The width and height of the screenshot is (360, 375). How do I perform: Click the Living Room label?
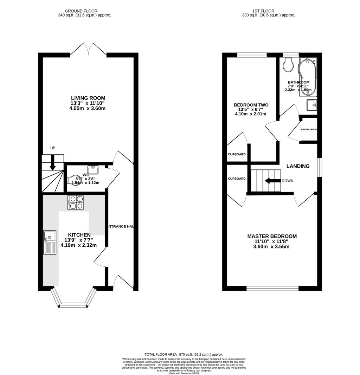pyautogui.click(x=88, y=98)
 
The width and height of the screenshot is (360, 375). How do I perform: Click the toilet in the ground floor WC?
pyautogui.click(x=73, y=180)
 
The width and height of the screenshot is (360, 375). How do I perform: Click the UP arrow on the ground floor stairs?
pyautogui.click(x=52, y=162)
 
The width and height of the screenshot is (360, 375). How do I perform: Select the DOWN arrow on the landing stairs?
pyautogui.click(x=271, y=181)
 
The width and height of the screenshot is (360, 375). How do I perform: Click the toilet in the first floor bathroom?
pyautogui.click(x=289, y=65)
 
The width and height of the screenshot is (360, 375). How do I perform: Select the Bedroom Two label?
pyautogui.click(x=251, y=105)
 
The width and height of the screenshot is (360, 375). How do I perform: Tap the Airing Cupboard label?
pyautogui.click(x=309, y=129)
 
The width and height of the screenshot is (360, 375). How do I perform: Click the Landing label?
pyautogui.click(x=298, y=166)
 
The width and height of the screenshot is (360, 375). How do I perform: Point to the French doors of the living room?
pyautogui.click(x=88, y=50)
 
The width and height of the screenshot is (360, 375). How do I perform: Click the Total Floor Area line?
pyautogui.click(x=184, y=355)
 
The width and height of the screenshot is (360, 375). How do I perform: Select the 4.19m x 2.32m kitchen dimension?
pyautogui.click(x=78, y=245)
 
